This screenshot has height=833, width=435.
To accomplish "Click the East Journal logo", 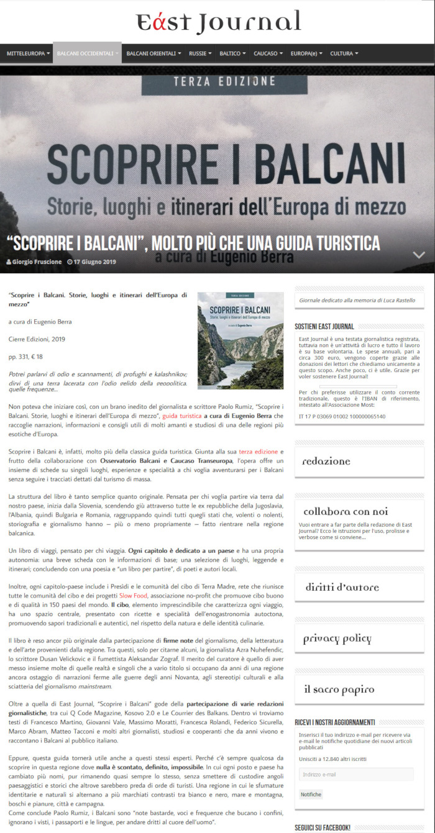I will coord(218,22).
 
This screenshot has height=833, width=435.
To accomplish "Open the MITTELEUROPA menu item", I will coord(28,54).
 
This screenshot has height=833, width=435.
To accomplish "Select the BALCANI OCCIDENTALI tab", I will coord(87,54).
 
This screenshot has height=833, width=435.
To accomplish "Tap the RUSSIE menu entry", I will coord(200,54).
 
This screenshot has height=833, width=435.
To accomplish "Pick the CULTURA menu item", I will coord(344,54).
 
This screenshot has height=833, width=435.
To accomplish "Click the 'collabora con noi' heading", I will coord(346,512).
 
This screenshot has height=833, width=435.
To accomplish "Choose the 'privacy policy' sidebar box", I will coord(337,639).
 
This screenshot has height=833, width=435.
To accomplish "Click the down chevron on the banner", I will coord(419,255).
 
